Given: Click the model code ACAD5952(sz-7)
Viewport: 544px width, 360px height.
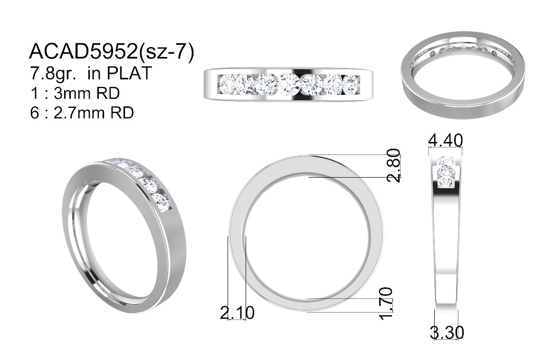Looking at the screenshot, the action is click(111, 52).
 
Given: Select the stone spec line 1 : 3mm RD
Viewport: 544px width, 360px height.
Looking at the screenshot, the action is click(75, 93).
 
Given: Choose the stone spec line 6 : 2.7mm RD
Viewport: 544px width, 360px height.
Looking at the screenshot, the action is click(82, 113).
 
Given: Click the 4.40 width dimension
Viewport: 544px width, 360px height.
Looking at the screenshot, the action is click(446, 141).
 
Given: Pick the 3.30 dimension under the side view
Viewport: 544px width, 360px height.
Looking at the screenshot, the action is click(447, 332).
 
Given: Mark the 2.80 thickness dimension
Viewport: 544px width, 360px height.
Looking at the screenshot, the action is click(394, 165).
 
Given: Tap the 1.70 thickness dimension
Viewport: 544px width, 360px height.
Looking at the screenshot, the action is click(386, 303).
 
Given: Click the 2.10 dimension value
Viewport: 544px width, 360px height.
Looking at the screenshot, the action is click(237, 313).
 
